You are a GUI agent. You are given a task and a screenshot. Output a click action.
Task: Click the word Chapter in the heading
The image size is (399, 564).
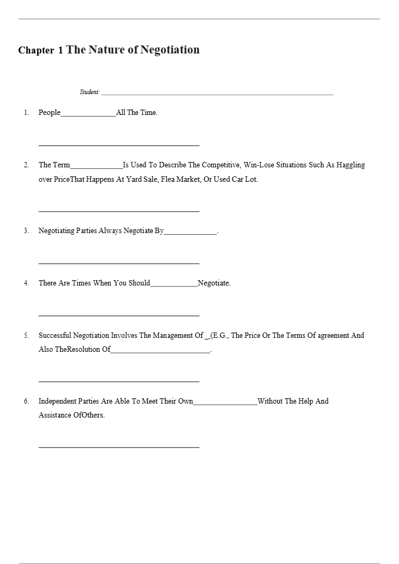pos(36,50)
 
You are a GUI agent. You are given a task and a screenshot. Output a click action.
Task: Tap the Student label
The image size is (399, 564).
pos(89,92)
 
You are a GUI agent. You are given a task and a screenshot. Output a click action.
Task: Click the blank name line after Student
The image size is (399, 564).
pos(217,94)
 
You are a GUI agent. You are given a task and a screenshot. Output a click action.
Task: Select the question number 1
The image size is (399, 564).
pos(26,113)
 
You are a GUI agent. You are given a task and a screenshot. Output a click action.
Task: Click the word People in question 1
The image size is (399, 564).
pos(49,113)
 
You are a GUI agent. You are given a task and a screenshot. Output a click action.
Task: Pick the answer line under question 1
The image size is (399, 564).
pos(119,145)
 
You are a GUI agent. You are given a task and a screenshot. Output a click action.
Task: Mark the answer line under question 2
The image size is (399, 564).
pos(119,211)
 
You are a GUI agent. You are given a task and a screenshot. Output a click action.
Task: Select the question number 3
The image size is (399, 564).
pos(26,231)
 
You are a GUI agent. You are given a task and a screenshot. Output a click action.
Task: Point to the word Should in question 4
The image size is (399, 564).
pos(139,283)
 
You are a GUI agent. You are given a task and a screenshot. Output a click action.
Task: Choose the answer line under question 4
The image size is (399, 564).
pos(119,315)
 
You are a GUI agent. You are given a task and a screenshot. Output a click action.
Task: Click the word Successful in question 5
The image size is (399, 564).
pos(55,336)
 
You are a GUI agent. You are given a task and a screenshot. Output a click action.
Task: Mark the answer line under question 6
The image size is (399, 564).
pos(119,446)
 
